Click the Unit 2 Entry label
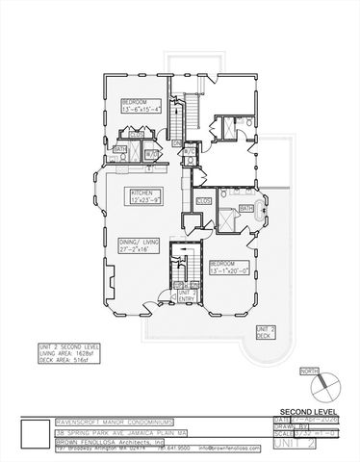point(183,294)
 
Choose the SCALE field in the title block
point(295,434)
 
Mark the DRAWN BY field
point(295,426)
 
